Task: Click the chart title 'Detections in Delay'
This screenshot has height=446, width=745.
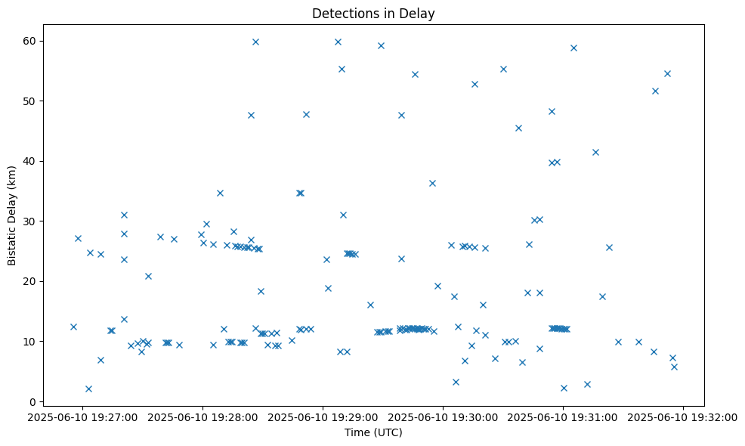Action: click(x=373, y=14)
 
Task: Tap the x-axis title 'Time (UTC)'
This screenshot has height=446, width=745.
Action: click(x=373, y=432)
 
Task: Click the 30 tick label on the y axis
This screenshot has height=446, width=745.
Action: click(x=28, y=221)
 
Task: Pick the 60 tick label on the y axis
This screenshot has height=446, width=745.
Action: click(x=28, y=40)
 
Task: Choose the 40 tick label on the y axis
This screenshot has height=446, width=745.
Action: click(x=28, y=161)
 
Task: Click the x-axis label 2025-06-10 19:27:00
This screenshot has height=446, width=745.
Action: click(x=82, y=417)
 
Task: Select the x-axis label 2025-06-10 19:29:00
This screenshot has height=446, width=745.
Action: click(x=323, y=417)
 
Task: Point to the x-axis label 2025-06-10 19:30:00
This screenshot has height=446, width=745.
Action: click(x=444, y=417)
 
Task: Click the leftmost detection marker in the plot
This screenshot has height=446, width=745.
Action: click(x=73, y=327)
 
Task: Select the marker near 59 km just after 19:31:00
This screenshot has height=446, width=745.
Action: click(x=573, y=48)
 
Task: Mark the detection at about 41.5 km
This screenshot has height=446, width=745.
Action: click(x=595, y=152)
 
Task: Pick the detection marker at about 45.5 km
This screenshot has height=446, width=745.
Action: click(x=518, y=128)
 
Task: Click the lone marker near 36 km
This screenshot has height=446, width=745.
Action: click(x=432, y=183)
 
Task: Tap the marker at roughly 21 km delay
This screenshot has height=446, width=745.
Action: click(x=148, y=276)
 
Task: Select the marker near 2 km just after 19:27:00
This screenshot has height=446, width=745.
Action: click(x=88, y=389)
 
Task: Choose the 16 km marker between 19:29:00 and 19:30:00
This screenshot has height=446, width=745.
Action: click(x=370, y=305)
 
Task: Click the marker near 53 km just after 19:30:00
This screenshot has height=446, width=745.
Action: click(x=475, y=84)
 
